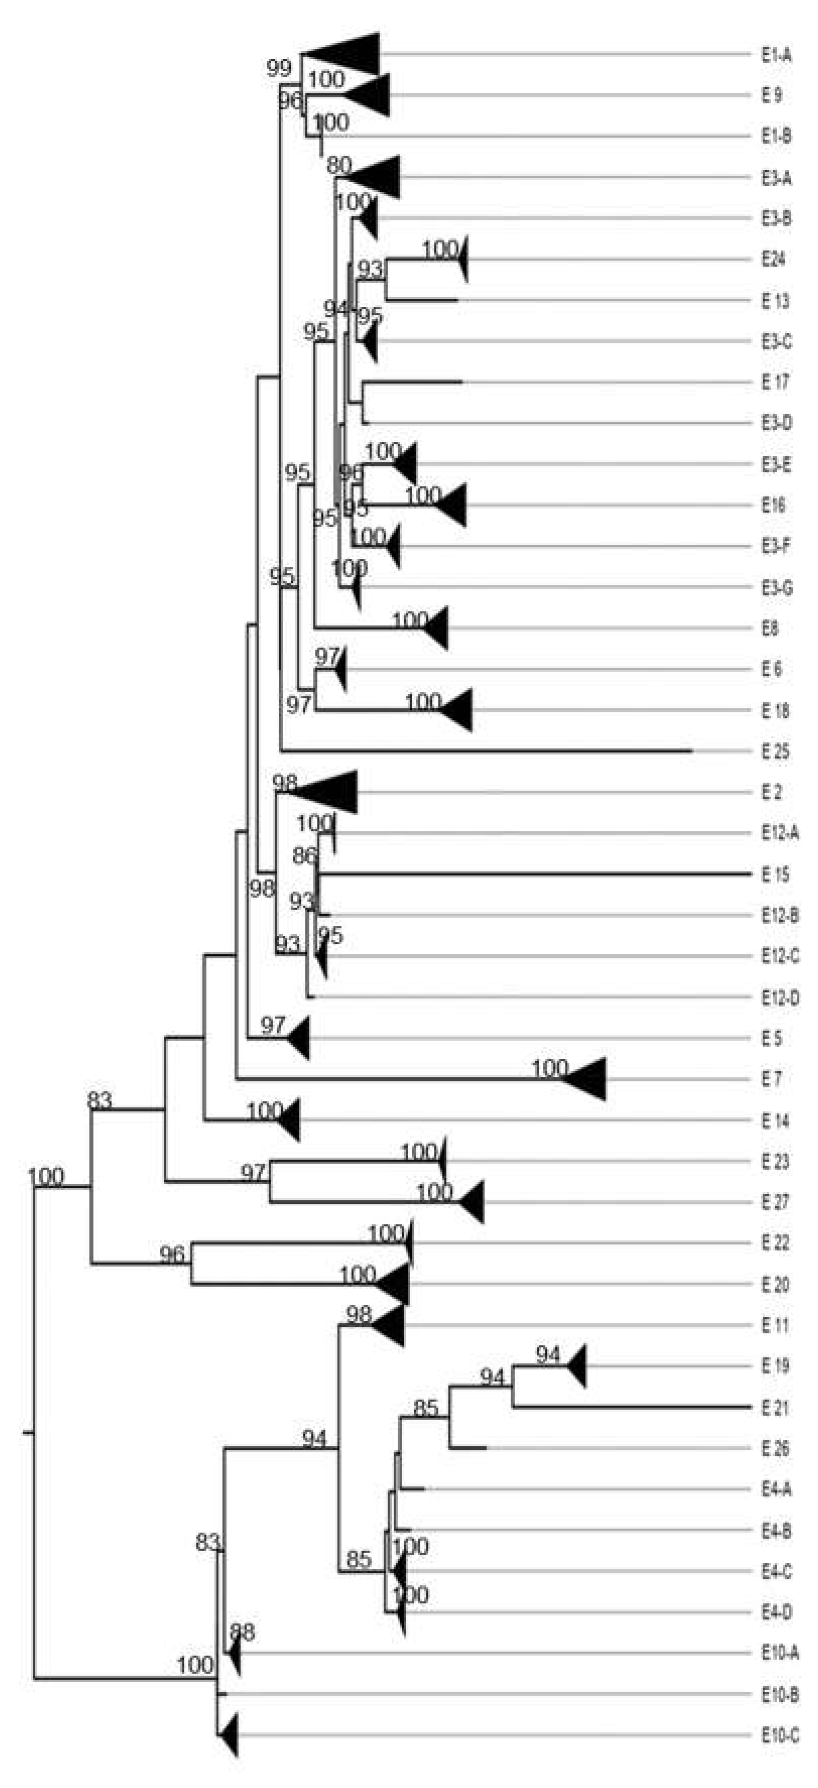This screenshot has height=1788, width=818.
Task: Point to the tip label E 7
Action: tap(772, 1079)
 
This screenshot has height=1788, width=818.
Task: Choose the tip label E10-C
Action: tap(780, 1736)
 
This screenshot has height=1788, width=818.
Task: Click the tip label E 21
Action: tap(775, 1409)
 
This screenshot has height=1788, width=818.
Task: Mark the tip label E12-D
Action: tap(780, 998)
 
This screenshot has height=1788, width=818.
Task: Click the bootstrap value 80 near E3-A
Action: tap(339, 165)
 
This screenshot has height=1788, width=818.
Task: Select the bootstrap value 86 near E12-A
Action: tap(304, 856)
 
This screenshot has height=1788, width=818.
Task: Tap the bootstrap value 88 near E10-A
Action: tap(242, 1632)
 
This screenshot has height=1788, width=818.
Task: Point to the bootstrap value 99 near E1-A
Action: tap(279, 68)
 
